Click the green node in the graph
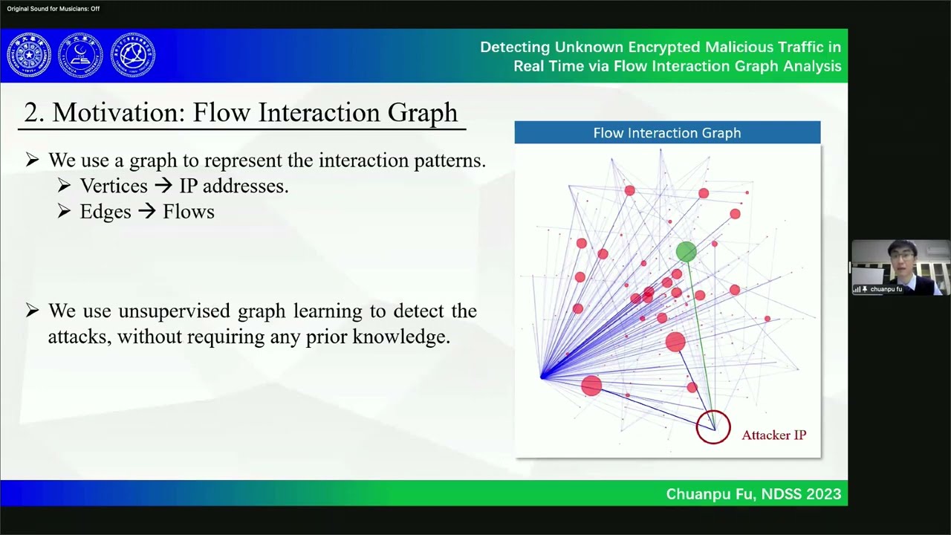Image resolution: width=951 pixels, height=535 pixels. click(x=686, y=252)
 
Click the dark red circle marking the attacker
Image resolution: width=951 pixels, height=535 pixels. click(x=713, y=427)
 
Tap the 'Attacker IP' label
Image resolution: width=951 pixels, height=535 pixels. click(x=773, y=435)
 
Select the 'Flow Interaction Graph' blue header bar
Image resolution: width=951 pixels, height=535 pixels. click(x=667, y=133)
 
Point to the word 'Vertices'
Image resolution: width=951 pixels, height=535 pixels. click(x=114, y=186)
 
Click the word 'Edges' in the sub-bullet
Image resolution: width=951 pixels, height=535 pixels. click(x=106, y=212)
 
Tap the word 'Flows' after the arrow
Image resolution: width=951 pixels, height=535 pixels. click(x=189, y=212)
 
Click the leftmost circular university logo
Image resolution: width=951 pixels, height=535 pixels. click(x=29, y=55)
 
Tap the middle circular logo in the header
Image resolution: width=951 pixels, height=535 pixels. click(x=80, y=55)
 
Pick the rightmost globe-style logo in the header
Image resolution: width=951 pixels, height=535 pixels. click(x=133, y=55)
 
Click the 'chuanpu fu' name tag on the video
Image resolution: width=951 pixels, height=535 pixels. click(x=886, y=289)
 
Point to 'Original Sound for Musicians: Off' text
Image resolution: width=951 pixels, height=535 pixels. click(x=53, y=9)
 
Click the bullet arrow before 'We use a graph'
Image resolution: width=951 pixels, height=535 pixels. click(x=32, y=160)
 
